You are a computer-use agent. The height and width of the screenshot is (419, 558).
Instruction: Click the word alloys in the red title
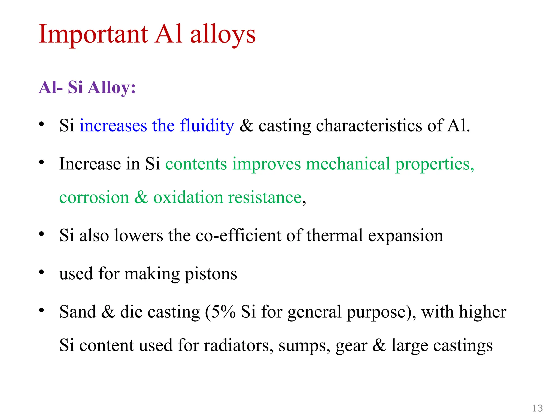pos(223,34)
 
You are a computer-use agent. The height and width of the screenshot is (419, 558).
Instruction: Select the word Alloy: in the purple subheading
pos(112,88)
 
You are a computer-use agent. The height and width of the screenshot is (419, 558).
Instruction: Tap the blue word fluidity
pos(207,126)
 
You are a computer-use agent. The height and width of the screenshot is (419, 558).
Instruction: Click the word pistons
pos(211,274)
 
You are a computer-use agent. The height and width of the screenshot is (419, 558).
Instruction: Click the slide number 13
pos(537,408)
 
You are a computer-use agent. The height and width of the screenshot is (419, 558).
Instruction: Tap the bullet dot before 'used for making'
pos(41,272)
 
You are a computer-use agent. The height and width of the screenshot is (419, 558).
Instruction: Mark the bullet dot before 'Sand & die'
pos(41,310)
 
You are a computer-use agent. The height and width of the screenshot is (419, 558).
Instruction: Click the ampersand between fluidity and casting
pos(246,126)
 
